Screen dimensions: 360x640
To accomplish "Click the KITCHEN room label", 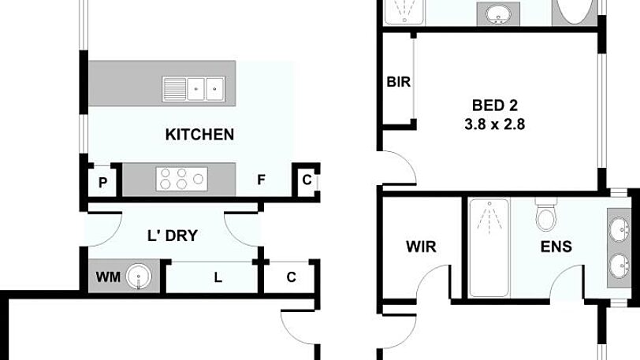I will [x=199, y=134].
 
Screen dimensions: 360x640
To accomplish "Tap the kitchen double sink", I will [x=193, y=87].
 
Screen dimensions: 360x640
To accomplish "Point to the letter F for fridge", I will [x=260, y=180].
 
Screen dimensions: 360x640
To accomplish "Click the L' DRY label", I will [x=172, y=235].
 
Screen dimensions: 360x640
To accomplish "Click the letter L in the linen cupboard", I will [x=218, y=277].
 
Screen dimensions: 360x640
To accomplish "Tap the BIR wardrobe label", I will [x=398, y=83].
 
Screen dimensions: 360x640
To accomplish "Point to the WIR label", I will [x=420, y=247].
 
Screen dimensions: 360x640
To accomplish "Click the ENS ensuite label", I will [x=556, y=247].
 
